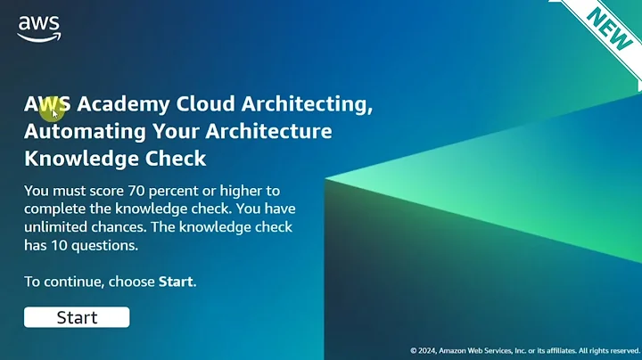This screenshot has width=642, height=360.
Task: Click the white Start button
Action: pyautogui.click(x=77, y=317)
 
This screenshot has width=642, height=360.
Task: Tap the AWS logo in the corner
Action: pyautogui.click(x=38, y=28)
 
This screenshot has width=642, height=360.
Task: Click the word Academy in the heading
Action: pyautogui.click(x=123, y=103)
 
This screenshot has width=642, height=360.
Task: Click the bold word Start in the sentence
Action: pyautogui.click(x=176, y=282)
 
